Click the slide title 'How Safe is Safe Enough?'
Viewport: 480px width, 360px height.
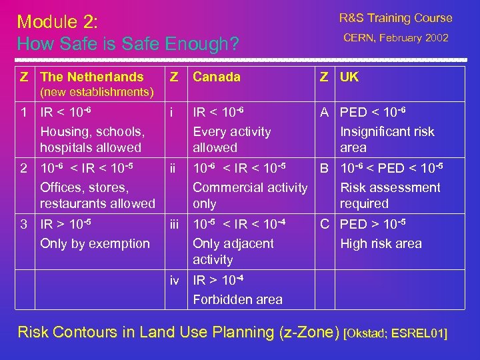(127, 45)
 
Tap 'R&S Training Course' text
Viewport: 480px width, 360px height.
(395, 18)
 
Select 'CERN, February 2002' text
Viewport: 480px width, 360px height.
(396, 38)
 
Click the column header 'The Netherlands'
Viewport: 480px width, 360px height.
(92, 77)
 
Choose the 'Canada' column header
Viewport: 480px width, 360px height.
(217, 77)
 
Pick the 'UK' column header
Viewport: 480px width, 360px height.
(349, 77)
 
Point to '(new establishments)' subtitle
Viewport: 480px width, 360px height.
(97, 92)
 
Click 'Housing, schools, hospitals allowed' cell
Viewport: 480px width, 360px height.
(91, 139)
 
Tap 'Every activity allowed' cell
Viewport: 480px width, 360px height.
(231, 139)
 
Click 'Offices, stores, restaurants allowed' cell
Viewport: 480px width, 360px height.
(97, 195)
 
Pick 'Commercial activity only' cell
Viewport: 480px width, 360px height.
(250, 195)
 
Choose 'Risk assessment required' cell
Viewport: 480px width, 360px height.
(390, 195)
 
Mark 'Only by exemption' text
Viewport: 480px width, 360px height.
(95, 243)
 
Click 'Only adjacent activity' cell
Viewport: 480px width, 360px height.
(233, 251)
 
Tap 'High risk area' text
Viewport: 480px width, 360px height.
(381, 243)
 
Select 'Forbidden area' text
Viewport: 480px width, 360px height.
(237, 299)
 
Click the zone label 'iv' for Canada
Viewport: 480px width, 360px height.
(175, 281)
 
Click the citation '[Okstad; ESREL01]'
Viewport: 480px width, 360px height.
(396, 332)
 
